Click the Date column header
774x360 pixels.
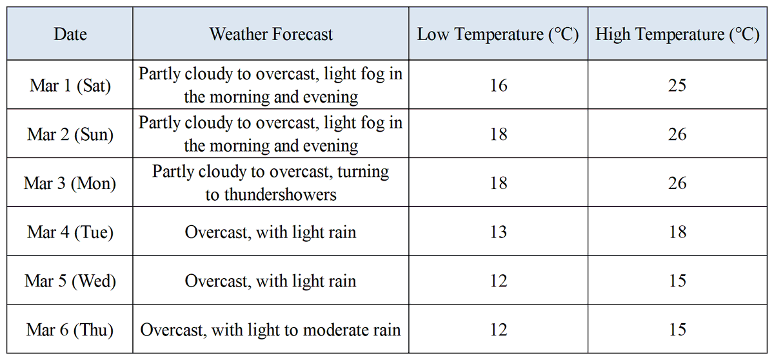pyautogui.click(x=70, y=34)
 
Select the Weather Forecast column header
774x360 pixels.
pyautogui.click(x=271, y=34)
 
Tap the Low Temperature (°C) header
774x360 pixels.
pyautogui.click(x=498, y=34)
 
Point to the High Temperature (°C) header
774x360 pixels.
pyautogui.click(x=677, y=34)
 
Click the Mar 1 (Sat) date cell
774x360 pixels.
pyautogui.click(x=70, y=85)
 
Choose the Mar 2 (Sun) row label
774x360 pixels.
pyautogui.click(x=70, y=134)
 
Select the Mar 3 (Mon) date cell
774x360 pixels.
pyautogui.click(x=70, y=183)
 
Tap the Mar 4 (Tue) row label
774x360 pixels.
pyautogui.click(x=70, y=232)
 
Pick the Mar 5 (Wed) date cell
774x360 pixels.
pyautogui.click(x=70, y=281)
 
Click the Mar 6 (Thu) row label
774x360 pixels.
pyautogui.click(x=70, y=330)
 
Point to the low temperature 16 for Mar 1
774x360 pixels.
pyautogui.click(x=498, y=85)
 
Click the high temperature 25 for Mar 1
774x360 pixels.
pyautogui.click(x=677, y=85)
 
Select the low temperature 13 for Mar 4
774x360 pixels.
pyautogui.click(x=498, y=232)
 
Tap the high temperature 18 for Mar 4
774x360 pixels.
pyautogui.click(x=677, y=232)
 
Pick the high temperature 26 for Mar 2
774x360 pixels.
pyautogui.click(x=677, y=134)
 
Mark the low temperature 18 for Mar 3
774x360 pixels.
pyautogui.click(x=498, y=183)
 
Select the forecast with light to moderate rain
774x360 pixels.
pyautogui.click(x=271, y=330)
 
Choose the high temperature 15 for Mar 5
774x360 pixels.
pyautogui.click(x=677, y=281)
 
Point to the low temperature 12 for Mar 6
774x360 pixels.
pyautogui.click(x=498, y=330)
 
